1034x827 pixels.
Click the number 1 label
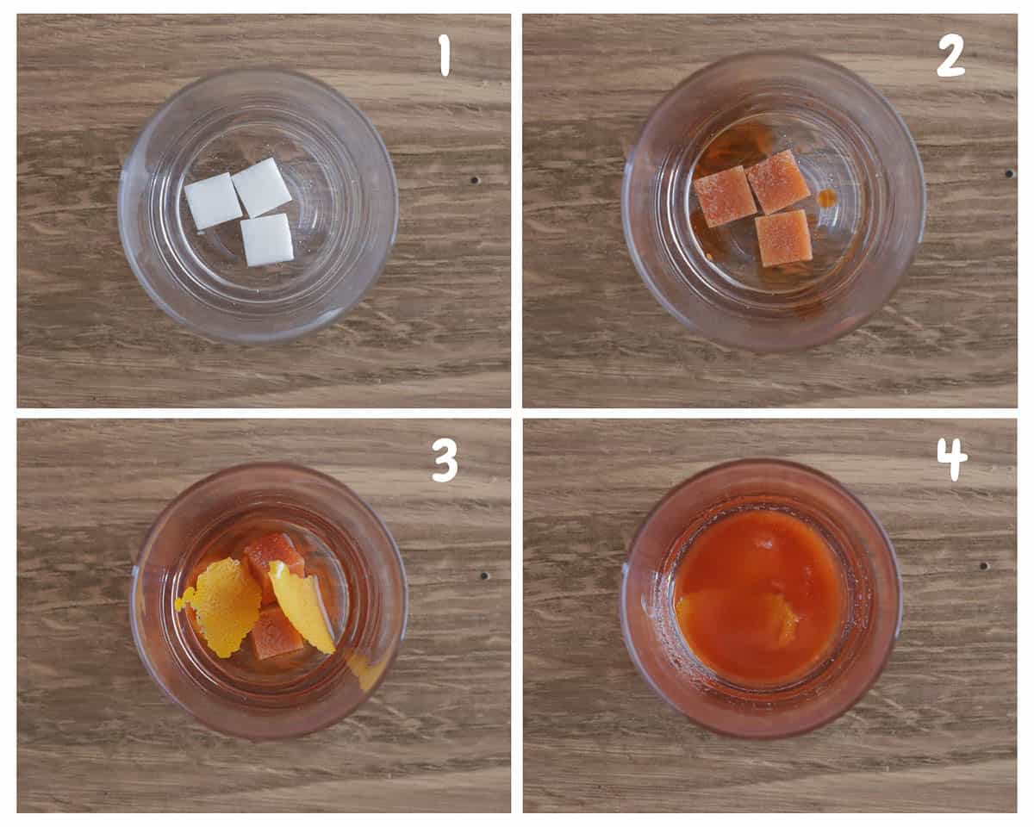pos(445,57)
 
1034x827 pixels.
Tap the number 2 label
pos(950,57)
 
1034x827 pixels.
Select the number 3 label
pos(445,462)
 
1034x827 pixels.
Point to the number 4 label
pos(952,460)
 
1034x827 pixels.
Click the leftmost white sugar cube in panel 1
pos(214,201)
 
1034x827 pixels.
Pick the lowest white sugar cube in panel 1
pos(267,239)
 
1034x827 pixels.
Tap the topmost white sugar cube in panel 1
pos(261,187)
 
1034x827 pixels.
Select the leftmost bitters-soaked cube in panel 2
pos(725,196)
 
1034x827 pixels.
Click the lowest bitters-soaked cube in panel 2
pos(783,239)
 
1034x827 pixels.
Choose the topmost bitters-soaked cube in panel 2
pos(777,182)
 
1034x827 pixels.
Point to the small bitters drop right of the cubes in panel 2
pos(827,197)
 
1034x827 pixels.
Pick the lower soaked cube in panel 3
pos(277,633)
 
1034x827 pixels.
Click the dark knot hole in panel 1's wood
pos(475,180)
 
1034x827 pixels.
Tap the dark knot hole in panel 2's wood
pos(1008,173)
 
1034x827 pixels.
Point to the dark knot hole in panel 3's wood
pos(484,575)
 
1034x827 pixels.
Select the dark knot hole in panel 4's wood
pos(983,566)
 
